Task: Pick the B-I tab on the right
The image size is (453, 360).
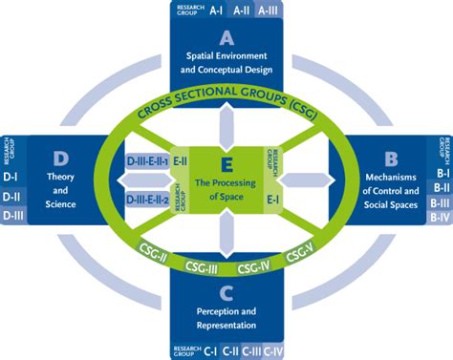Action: [x=440, y=174]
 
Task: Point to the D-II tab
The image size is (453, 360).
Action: [x=12, y=198]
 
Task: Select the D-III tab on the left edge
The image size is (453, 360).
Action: [x=12, y=216]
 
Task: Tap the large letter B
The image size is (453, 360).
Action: [x=390, y=159]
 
